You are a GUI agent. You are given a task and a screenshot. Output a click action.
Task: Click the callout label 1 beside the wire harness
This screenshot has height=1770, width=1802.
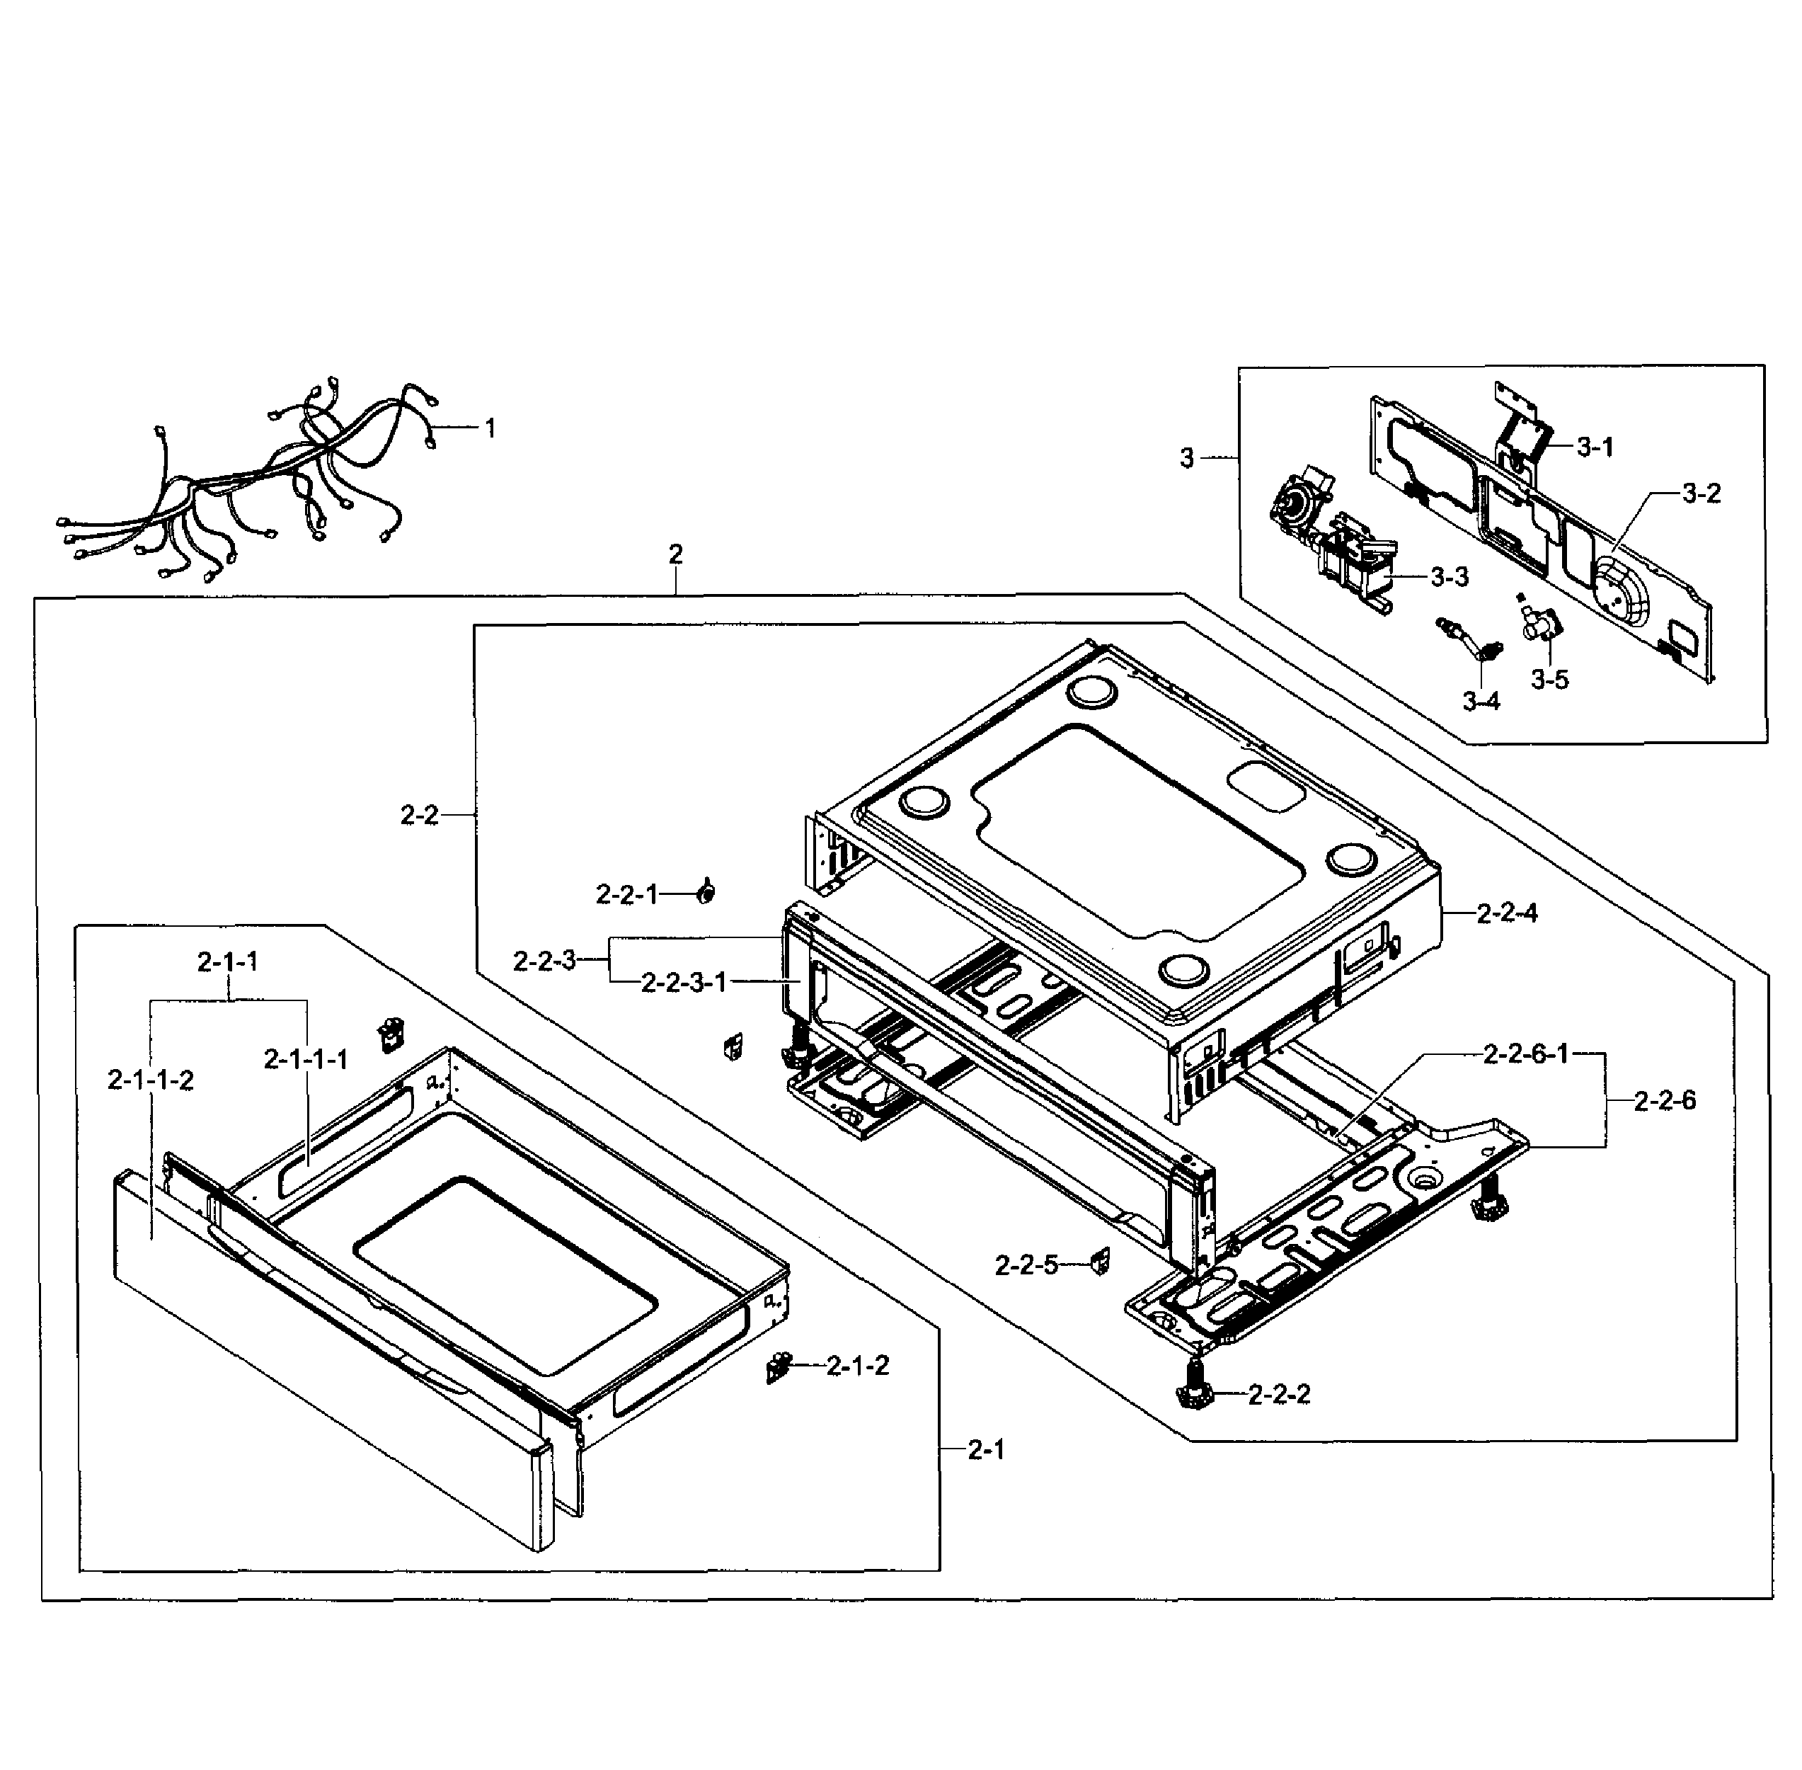[490, 428]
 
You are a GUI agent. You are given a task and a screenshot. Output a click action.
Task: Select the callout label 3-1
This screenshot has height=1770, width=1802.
[1595, 447]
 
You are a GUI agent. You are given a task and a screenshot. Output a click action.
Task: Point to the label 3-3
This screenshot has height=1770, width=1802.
[1449, 577]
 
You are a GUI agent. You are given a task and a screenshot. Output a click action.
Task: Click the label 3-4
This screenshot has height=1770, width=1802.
[1481, 701]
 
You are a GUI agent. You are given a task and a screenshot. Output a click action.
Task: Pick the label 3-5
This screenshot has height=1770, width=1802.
[1549, 680]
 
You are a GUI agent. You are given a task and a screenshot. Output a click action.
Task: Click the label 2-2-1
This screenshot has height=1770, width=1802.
[626, 894]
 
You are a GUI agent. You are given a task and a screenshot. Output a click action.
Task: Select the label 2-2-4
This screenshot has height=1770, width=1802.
[1506, 913]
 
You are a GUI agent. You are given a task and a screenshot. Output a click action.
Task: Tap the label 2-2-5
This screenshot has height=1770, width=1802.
[1026, 1265]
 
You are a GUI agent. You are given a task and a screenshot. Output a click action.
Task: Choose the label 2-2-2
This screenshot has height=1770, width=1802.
[1279, 1395]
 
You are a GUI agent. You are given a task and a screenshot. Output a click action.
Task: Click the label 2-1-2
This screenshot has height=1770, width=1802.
[857, 1366]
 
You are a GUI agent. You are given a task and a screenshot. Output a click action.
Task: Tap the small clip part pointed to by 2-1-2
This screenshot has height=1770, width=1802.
[777, 1367]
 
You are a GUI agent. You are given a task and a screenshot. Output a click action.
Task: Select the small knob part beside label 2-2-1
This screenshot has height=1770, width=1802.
[706, 893]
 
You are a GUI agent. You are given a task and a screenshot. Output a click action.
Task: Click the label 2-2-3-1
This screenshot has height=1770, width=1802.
[684, 983]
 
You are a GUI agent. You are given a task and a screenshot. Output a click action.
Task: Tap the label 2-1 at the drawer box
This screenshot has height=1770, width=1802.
[986, 1449]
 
